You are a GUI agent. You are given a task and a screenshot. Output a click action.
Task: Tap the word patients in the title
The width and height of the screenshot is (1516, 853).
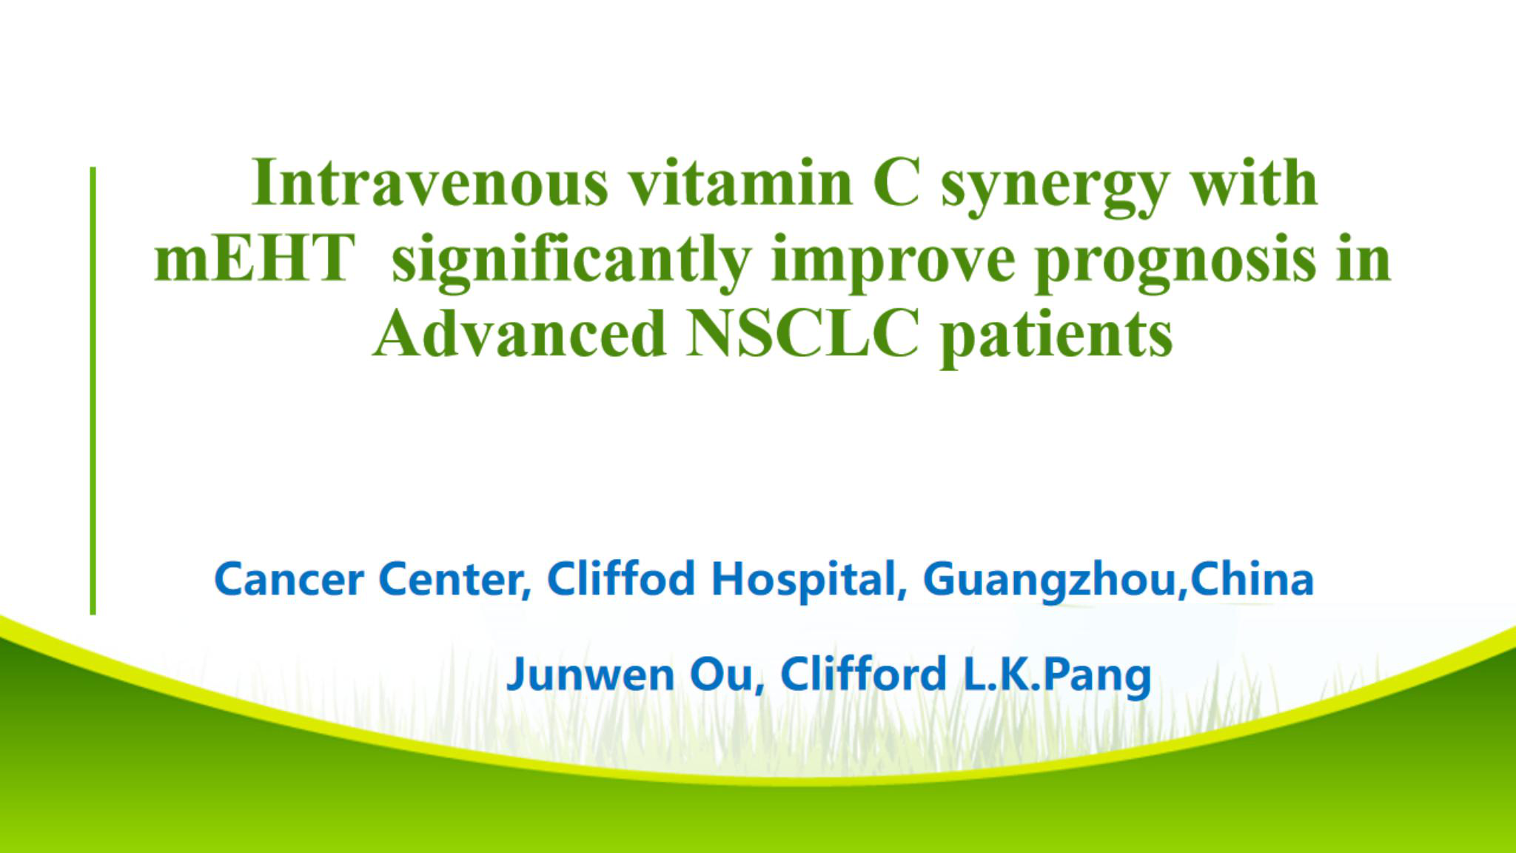point(1056,337)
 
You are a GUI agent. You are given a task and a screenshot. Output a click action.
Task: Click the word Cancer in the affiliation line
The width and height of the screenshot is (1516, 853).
point(288,579)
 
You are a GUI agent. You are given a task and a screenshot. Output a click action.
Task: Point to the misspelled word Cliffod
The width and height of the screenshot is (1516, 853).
point(621,578)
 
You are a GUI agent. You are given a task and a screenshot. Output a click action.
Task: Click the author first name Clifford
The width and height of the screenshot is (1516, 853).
point(863,674)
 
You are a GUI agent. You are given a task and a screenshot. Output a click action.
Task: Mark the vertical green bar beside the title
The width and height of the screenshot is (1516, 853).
point(93,391)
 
